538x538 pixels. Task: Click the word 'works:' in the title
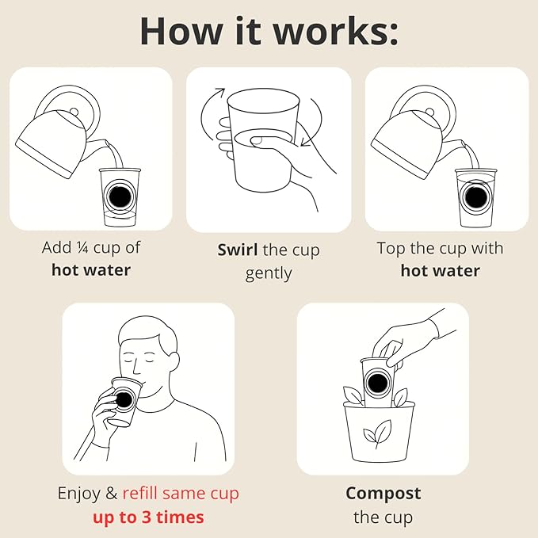tap(336, 31)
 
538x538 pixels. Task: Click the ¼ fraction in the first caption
tap(82, 247)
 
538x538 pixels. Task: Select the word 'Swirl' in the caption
tap(238, 250)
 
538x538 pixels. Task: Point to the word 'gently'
tap(269, 273)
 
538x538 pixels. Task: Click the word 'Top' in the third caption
tap(391, 249)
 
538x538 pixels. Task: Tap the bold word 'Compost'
tap(383, 494)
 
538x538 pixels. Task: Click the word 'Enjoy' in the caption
tap(78, 494)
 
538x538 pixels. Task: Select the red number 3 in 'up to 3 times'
tap(147, 517)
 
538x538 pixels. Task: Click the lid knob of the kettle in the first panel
tap(74, 112)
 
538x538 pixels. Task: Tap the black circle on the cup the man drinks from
tap(123, 399)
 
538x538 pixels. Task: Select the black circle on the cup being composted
tap(377, 383)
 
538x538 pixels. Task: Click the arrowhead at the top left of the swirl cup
tap(220, 91)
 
